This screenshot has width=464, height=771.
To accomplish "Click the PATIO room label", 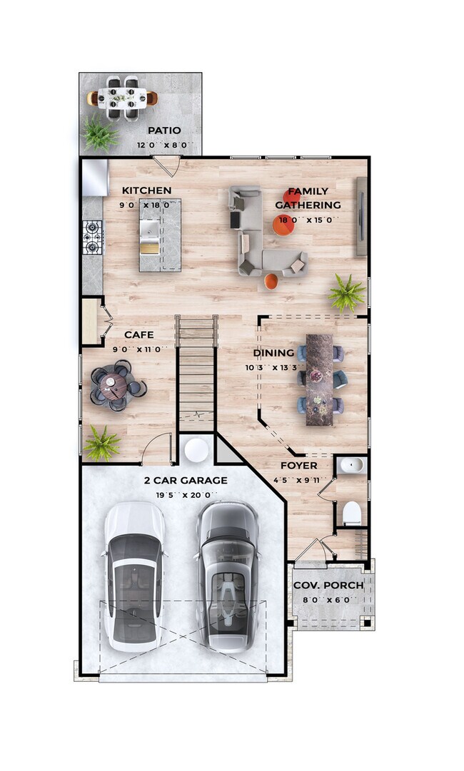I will tap(163, 131).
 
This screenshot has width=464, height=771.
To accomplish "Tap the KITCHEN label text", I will tap(146, 190).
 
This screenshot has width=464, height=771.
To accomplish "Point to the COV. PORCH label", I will tap(328, 586).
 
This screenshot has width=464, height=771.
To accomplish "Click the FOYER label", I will tap(298, 466).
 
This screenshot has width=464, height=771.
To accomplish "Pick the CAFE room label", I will tap(138, 335).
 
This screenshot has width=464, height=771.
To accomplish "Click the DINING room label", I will tap(273, 352).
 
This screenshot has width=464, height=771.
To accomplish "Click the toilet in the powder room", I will tap(353, 513).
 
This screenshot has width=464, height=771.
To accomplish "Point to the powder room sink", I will tap(351, 466).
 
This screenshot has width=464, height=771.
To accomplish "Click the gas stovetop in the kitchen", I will tap(93, 238).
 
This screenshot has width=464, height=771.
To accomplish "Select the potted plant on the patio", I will tap(99, 133).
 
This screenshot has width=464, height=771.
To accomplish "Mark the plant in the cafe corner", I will tap(101, 444).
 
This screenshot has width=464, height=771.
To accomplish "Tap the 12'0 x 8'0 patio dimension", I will tap(163, 145).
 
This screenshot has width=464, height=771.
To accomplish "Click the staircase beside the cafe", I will tap(196, 374).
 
